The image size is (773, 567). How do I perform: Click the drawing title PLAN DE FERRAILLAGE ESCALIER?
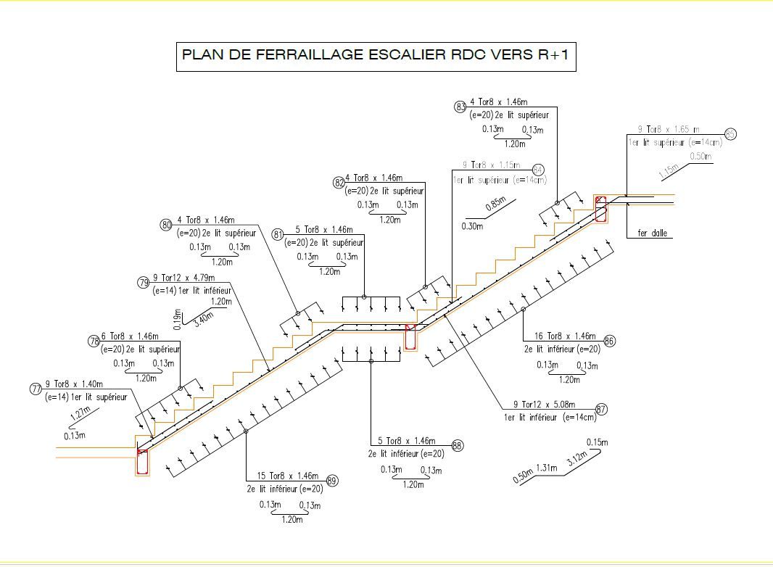pos(376,56)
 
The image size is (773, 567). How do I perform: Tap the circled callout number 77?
pos(36,389)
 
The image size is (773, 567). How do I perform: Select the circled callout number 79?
pos(143,283)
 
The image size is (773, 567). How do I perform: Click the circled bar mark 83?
pos(460,107)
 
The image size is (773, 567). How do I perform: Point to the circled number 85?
pos(730,134)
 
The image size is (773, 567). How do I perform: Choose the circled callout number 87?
pos(601,410)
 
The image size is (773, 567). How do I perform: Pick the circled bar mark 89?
pos(332,481)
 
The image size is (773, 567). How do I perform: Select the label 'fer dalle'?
pos(652,233)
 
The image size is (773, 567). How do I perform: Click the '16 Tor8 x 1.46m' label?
pos(565,336)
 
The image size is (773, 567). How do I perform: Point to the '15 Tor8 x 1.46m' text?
pos(288,476)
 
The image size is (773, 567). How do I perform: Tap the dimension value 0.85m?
pos(495,204)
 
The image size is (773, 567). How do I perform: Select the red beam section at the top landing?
pos(600,208)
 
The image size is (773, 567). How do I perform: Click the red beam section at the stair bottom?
pos(142,461)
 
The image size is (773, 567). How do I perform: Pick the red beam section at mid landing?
pos(410,337)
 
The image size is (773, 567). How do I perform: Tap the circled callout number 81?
pos(278,234)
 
